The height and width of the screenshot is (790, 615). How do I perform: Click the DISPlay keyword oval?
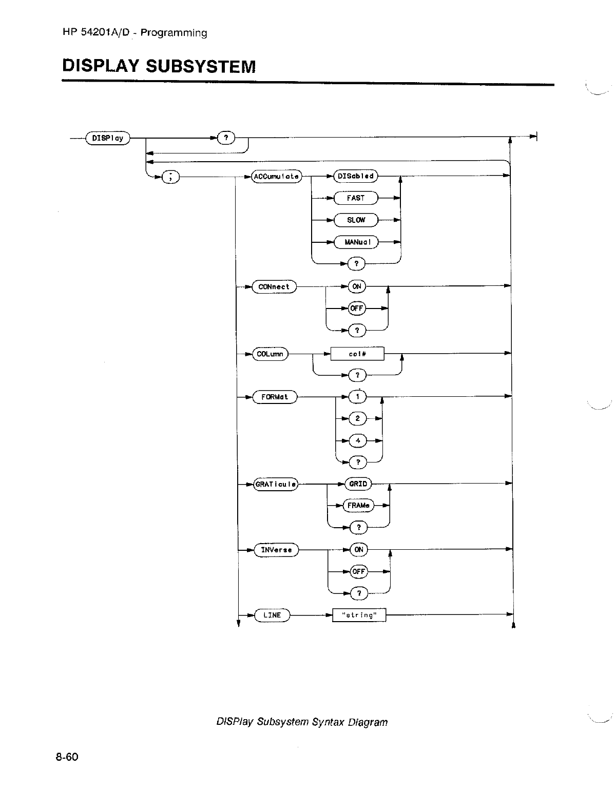click(108, 138)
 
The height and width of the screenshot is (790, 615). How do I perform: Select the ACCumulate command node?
click(276, 177)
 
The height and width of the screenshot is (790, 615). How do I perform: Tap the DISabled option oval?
click(355, 177)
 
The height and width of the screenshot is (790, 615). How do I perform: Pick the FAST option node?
click(355, 198)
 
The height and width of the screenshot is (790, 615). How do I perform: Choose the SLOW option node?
click(355, 220)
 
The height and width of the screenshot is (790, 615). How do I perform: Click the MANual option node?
click(355, 242)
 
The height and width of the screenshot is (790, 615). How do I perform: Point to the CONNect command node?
click(274, 287)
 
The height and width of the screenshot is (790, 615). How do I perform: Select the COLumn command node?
click(271, 354)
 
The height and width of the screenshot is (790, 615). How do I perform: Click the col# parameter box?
click(357, 354)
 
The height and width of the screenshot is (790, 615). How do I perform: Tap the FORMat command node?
click(275, 397)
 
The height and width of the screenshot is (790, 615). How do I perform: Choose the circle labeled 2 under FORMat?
click(358, 419)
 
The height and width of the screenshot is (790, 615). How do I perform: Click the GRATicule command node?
click(276, 484)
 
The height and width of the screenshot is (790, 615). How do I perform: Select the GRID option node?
click(358, 484)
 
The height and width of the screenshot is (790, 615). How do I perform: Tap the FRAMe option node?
click(358, 506)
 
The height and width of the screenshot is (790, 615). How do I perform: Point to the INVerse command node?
click(276, 550)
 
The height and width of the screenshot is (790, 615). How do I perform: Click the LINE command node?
click(272, 615)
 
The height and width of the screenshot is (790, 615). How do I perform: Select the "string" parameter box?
click(359, 615)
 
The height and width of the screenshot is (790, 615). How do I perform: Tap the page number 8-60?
click(67, 757)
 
